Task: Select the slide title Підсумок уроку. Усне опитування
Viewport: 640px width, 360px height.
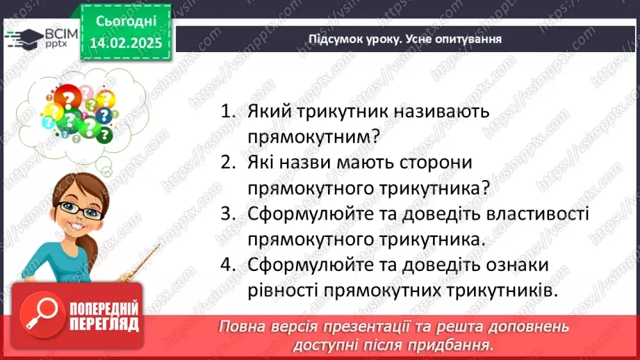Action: click(405, 39)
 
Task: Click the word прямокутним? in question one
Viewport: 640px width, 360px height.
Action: click(313, 137)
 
